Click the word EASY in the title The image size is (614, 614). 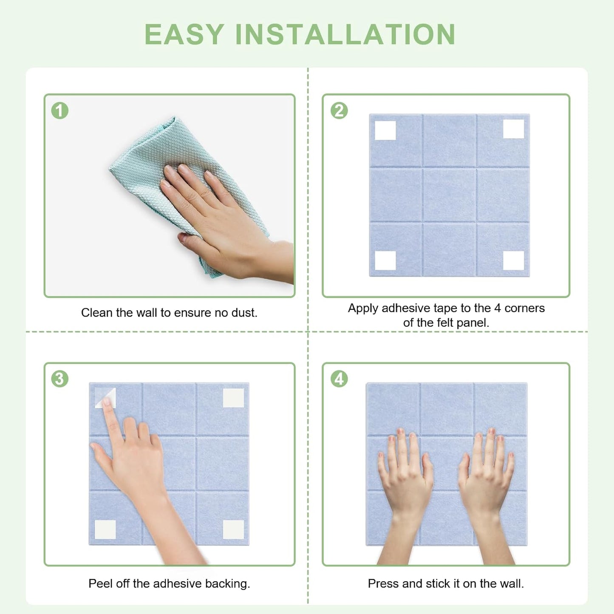[184, 34]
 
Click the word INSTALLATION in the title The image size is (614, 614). [345, 34]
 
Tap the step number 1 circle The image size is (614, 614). [60, 110]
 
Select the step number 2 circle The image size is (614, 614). [339, 110]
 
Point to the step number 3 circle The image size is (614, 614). [60, 379]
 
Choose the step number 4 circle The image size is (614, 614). [339, 379]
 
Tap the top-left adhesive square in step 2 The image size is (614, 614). [385, 130]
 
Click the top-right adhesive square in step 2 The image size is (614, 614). [513, 129]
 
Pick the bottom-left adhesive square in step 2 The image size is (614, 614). [385, 260]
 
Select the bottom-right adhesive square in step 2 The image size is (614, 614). [513, 260]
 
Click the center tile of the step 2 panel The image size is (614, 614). [450, 195]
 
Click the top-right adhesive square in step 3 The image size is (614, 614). [233, 398]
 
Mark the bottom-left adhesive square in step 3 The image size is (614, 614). [105, 529]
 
